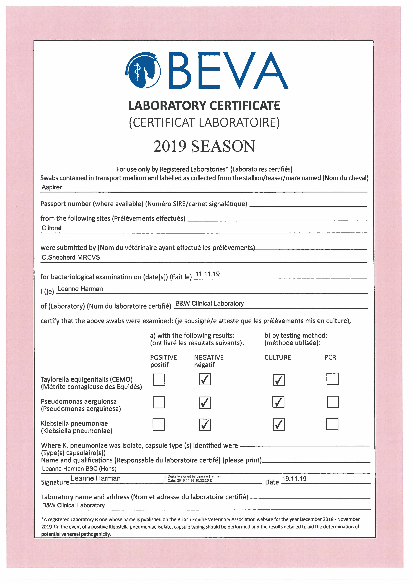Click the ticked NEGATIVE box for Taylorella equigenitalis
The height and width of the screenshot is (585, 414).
(x=205, y=380)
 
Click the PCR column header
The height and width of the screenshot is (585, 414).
(x=330, y=357)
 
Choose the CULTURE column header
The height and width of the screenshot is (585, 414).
(x=278, y=357)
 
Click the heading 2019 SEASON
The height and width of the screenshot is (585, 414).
(x=204, y=146)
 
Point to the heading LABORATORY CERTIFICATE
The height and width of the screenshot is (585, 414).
(x=204, y=106)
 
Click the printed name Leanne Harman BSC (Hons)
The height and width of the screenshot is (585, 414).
(x=79, y=468)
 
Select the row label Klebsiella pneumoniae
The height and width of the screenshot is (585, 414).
(x=74, y=423)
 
